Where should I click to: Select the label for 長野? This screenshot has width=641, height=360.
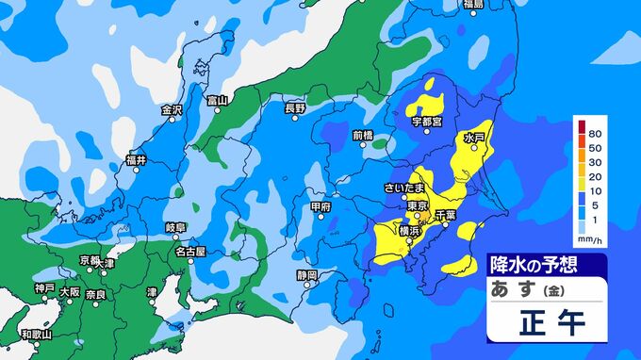[x=295, y=108]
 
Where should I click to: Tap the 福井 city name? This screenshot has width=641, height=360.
[x=136, y=160]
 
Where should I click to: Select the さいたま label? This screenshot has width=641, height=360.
[x=403, y=188]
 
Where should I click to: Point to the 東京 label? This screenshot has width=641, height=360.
[x=418, y=205]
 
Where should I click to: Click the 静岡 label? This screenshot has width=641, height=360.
[x=306, y=275]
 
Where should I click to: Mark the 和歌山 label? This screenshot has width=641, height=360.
[x=37, y=334]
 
